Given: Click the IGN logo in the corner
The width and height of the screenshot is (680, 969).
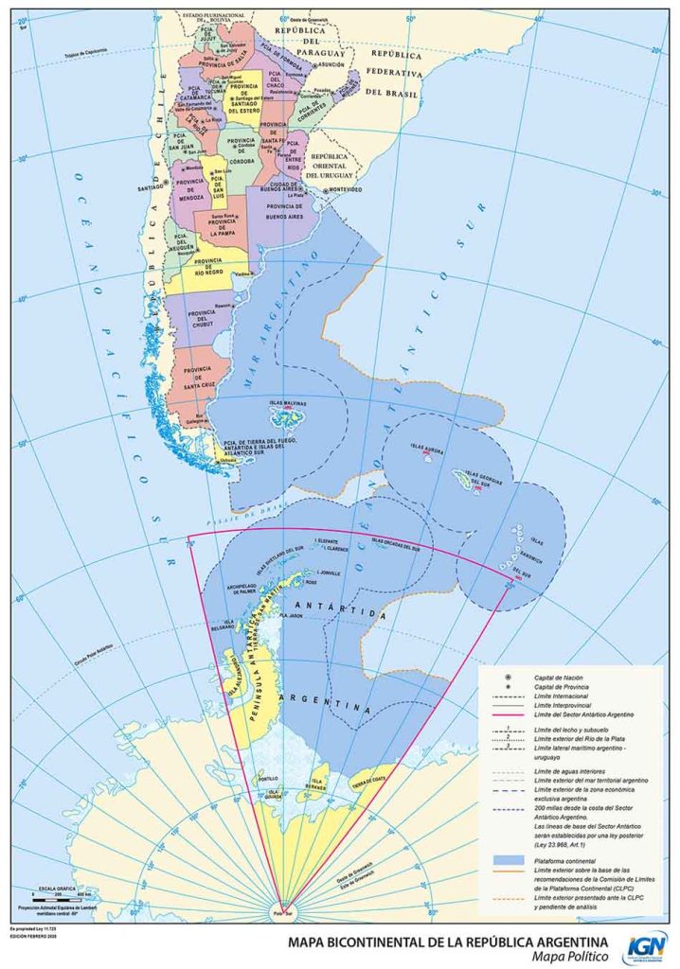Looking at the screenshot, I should tap(647, 947).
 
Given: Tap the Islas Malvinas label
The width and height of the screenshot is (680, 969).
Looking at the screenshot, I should tap(287, 402).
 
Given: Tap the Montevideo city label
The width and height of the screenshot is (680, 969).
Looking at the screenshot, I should tap(347, 189).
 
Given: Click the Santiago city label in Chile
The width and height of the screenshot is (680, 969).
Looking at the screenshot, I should tap(150, 187).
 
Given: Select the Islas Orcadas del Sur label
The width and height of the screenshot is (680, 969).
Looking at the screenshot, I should tap(398, 543).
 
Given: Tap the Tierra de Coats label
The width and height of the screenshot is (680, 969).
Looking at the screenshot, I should tap(368, 781).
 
